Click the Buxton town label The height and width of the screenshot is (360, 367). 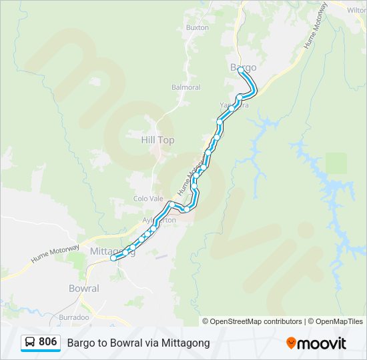(x=198, y=28)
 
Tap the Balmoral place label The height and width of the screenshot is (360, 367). (x=186, y=87)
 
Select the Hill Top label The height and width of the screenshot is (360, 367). (x=157, y=140)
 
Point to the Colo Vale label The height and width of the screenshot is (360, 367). (x=148, y=199)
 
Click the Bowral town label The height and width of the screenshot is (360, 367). (x=84, y=289)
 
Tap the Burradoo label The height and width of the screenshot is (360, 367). (x=74, y=317)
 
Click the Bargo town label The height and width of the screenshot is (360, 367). (x=243, y=67)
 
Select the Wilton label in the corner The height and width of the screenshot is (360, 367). (x=357, y=10)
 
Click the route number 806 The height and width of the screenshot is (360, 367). (x=47, y=342)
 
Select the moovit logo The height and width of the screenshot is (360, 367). (x=316, y=343)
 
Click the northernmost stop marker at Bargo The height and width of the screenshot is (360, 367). (x=241, y=69)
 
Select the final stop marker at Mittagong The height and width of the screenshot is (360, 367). (x=113, y=258)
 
